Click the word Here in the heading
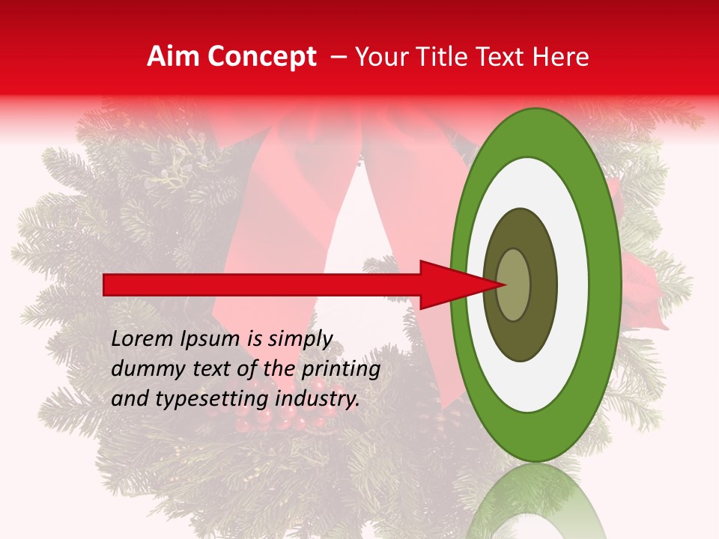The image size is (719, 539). point(561,57)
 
